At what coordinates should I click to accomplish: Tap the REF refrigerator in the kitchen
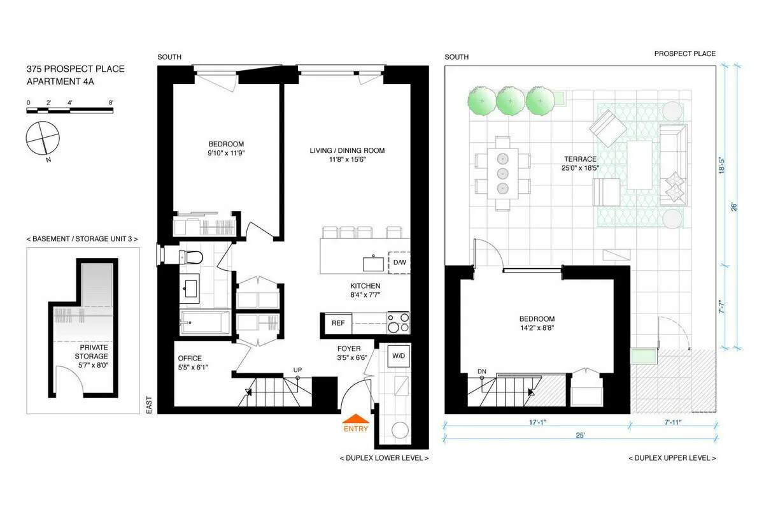pyautogui.click(x=337, y=323)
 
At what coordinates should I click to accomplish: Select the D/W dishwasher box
pyautogui.click(x=399, y=262)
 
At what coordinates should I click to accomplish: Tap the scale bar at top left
pyautogui.click(x=69, y=111)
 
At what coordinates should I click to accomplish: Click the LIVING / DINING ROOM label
pyautogui.click(x=347, y=151)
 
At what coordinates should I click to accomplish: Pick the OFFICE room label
pyautogui.click(x=190, y=358)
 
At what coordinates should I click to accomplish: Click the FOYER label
pyautogui.click(x=349, y=348)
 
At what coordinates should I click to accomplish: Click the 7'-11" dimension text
pyautogui.click(x=673, y=422)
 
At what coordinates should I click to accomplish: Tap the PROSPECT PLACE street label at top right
pyautogui.click(x=684, y=54)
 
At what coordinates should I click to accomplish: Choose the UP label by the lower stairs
pyautogui.click(x=297, y=369)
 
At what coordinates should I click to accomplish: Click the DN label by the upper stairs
pyautogui.click(x=482, y=372)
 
